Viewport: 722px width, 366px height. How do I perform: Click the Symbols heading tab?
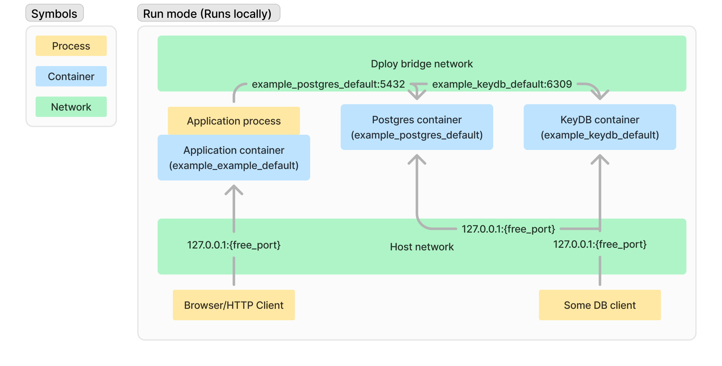click(x=54, y=13)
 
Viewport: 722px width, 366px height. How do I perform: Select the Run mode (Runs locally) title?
click(x=208, y=13)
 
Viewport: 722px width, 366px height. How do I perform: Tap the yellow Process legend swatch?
click(x=71, y=46)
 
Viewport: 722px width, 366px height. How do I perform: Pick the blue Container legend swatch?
click(x=71, y=76)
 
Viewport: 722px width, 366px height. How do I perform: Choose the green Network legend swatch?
click(x=71, y=107)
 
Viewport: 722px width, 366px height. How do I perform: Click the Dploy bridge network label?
click(x=422, y=64)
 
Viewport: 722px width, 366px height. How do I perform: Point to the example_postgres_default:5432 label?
click(x=328, y=84)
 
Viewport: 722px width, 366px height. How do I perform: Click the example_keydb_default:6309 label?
click(x=502, y=84)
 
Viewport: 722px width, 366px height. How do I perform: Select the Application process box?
click(x=234, y=121)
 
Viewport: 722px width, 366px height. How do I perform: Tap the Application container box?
click(x=234, y=158)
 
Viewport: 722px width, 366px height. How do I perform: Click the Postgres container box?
click(x=417, y=127)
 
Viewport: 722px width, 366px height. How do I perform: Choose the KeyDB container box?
click(x=600, y=127)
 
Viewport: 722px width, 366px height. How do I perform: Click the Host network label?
click(x=422, y=247)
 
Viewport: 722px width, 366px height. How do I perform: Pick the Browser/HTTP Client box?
click(x=234, y=305)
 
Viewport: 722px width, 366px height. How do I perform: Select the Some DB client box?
click(x=600, y=305)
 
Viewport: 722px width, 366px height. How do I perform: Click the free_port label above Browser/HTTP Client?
click(x=234, y=245)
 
